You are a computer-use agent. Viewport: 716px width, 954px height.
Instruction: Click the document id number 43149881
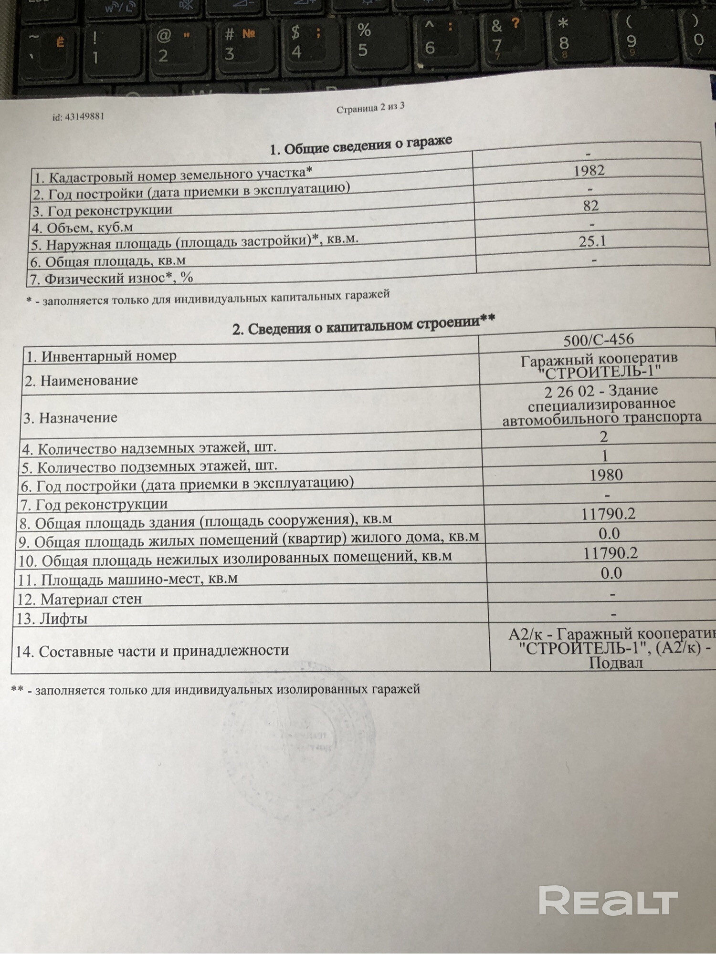pos(78,116)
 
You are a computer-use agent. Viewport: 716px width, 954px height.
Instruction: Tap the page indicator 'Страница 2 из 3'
pos(370,108)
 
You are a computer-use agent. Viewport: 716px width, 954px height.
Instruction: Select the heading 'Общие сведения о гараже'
pos(361,145)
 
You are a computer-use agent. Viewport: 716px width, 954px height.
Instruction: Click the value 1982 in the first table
pos(589,170)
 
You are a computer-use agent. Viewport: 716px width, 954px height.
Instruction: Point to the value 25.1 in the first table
pos(592,241)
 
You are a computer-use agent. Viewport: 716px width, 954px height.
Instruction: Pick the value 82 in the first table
pos(590,206)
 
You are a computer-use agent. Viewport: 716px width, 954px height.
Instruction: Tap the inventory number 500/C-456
pos(599,340)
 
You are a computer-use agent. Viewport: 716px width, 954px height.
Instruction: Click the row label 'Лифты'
pos(52,619)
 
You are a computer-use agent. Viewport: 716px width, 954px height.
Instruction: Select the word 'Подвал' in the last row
pos(615,663)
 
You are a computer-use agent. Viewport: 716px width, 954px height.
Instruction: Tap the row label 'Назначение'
pos(70,418)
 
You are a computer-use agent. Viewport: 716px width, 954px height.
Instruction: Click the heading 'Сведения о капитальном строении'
pos(363,325)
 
